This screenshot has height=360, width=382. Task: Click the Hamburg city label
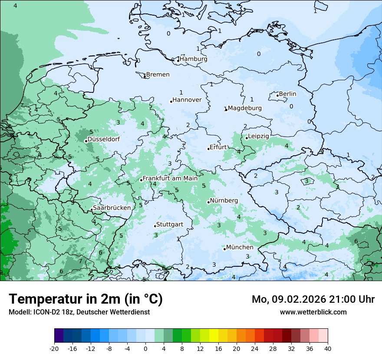(193, 59)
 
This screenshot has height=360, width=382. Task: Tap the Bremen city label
(158, 75)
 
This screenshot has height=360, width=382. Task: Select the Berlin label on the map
(287, 94)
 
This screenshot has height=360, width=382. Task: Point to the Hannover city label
(187, 100)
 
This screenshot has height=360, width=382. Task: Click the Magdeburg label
(244, 108)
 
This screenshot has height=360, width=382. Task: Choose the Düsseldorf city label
(103, 139)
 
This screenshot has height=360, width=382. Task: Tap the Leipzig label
(258, 136)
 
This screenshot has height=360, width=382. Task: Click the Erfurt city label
(218, 147)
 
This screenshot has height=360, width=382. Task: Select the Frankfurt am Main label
(170, 178)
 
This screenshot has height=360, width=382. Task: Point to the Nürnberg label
(224, 200)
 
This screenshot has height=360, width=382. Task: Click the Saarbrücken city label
(112, 208)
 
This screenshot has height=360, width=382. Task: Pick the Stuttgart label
(169, 224)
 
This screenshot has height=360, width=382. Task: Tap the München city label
(240, 247)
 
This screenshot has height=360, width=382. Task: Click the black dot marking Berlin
(277, 95)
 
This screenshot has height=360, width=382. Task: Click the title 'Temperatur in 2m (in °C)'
(86, 299)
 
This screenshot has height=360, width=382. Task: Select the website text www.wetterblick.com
(313, 312)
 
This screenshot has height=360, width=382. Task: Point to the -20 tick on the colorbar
(54, 348)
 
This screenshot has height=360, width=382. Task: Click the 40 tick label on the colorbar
(327, 348)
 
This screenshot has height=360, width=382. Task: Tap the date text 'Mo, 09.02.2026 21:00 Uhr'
(313, 299)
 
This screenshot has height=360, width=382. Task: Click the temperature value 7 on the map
(80, 261)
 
